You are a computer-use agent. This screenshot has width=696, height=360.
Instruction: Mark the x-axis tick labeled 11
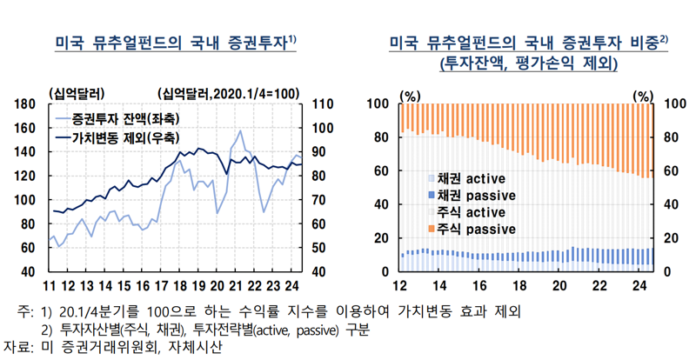point(51,286)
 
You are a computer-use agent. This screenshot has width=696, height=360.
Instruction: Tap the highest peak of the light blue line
point(239,131)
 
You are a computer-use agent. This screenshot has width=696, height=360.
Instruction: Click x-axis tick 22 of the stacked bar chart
point(599,286)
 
